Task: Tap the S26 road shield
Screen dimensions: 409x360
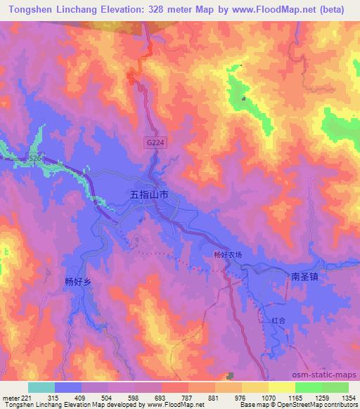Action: click(x=34, y=161)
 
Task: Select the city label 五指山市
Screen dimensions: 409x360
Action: click(x=149, y=193)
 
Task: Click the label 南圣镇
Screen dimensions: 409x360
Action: click(x=304, y=277)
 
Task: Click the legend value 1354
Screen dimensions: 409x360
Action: click(x=349, y=398)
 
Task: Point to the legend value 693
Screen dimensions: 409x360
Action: click(x=162, y=398)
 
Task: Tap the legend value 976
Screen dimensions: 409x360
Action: click(x=242, y=398)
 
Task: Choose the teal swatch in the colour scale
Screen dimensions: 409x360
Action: click(x=41, y=387)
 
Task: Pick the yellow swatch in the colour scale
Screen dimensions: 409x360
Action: click(x=282, y=387)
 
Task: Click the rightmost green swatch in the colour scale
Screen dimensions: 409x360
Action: click(x=335, y=387)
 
